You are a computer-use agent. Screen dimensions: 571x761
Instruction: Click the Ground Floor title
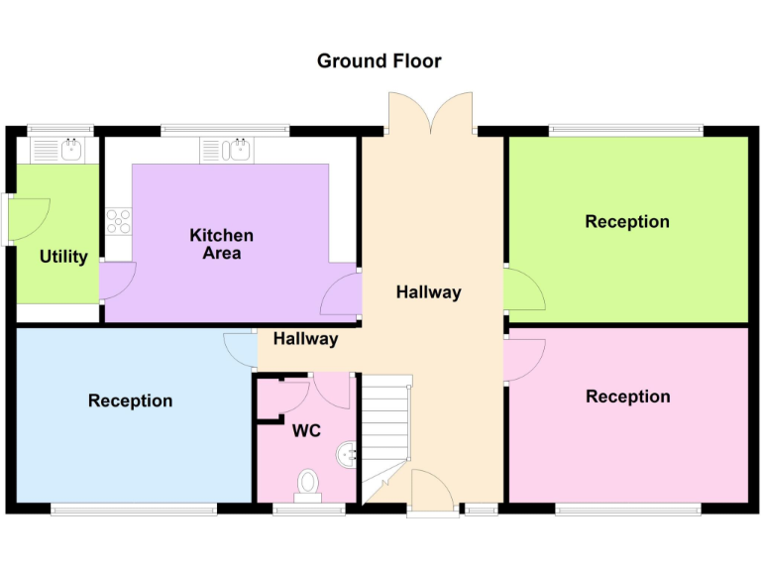pyautogui.click(x=379, y=61)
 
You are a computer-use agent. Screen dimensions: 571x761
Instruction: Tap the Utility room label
pyautogui.click(x=63, y=257)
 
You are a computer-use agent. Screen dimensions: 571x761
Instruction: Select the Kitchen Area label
pyautogui.click(x=221, y=244)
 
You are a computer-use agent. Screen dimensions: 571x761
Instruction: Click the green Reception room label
pyautogui.click(x=627, y=221)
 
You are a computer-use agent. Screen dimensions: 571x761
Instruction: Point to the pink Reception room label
pyautogui.click(x=627, y=397)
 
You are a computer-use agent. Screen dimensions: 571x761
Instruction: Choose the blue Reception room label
pyautogui.click(x=130, y=400)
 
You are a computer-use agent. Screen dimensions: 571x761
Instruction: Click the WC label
pyautogui.click(x=305, y=432)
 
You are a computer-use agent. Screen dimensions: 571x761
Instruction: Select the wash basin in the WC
pyautogui.click(x=346, y=454)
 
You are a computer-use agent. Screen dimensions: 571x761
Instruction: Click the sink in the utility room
pyautogui.click(x=70, y=151)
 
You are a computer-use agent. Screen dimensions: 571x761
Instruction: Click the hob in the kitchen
pyautogui.click(x=119, y=220)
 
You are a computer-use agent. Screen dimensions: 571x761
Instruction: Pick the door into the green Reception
pyautogui.click(x=522, y=289)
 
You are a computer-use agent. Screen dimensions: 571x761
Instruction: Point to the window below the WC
pyautogui.click(x=309, y=511)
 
